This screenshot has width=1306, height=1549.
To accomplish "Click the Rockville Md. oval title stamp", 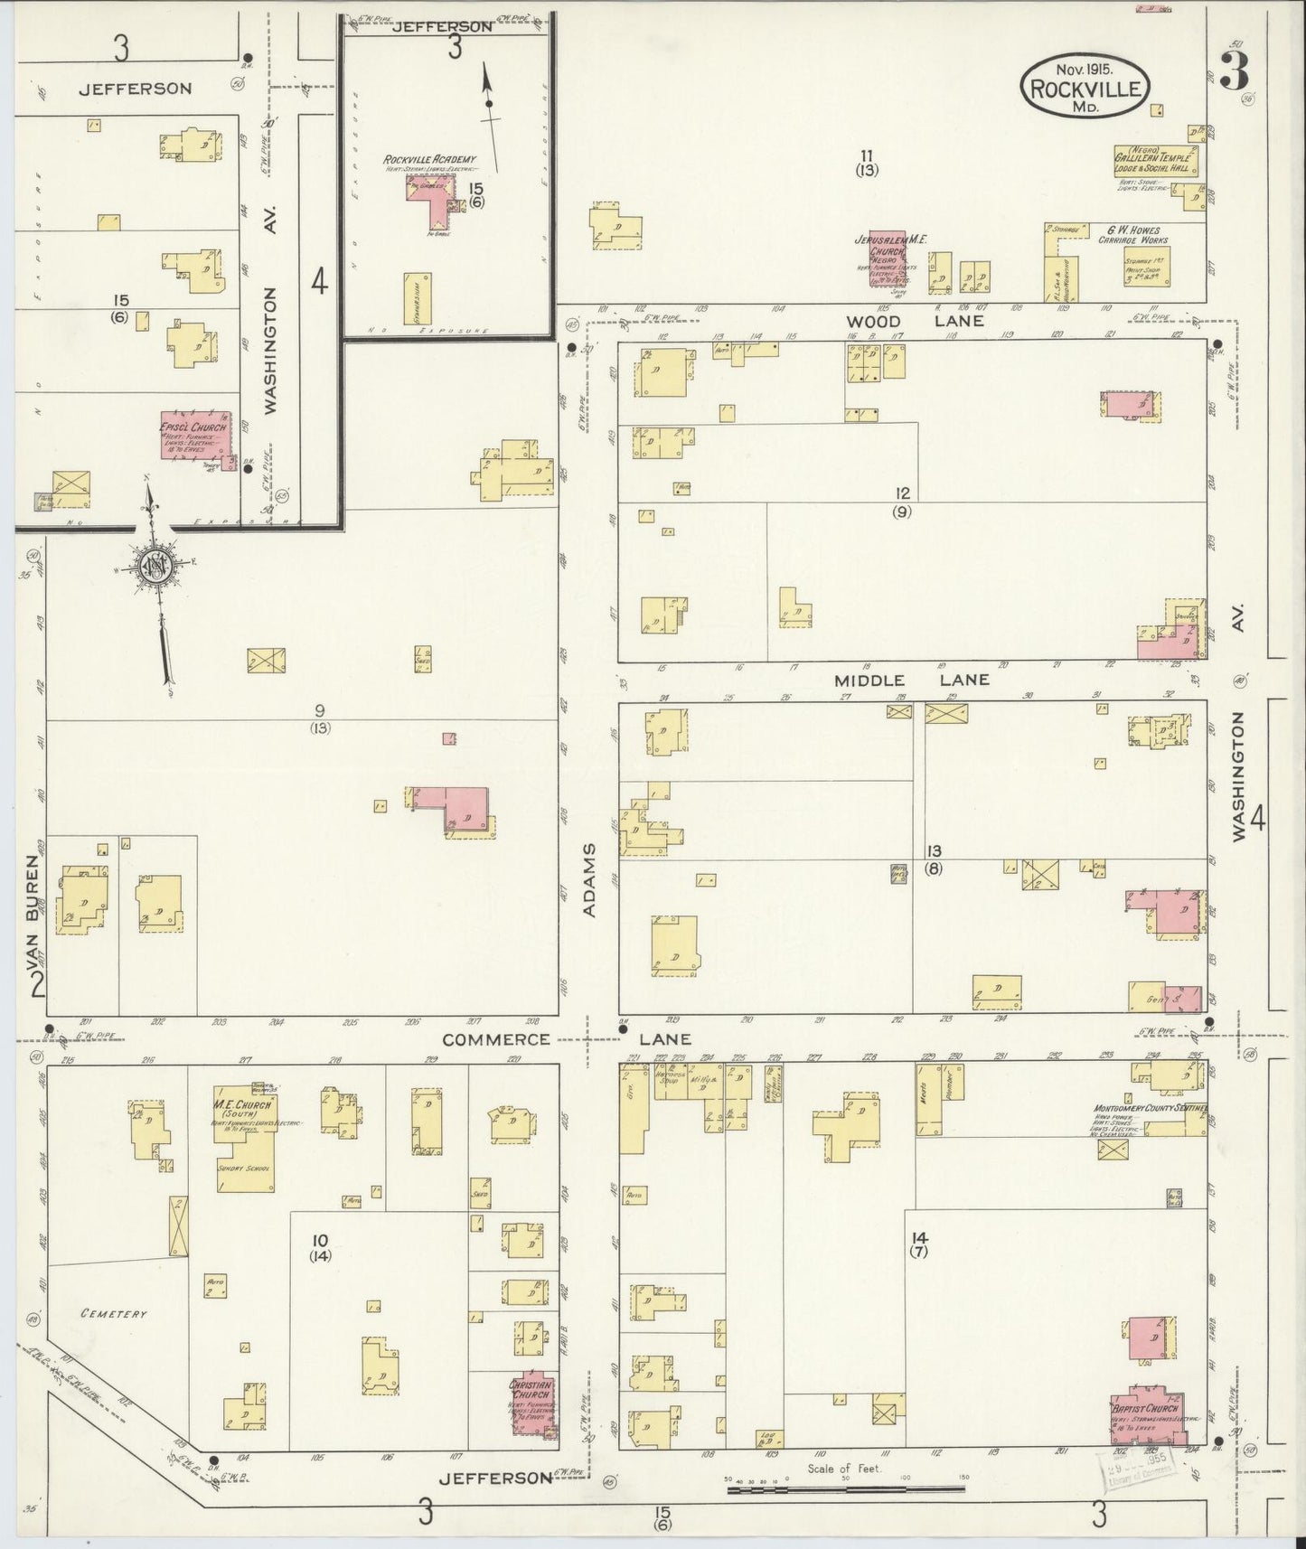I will point(1085,88).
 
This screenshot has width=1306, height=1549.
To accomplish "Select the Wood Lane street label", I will point(914,322).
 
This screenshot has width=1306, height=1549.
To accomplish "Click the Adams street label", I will point(589,881).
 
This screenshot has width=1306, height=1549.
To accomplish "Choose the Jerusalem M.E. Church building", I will point(888,258).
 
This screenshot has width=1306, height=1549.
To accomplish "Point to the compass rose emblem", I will point(155,566).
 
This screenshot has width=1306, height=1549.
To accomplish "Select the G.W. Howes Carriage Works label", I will point(1132,235).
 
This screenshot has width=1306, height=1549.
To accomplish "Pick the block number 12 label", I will point(901,493).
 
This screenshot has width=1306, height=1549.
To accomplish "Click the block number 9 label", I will point(318,710).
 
